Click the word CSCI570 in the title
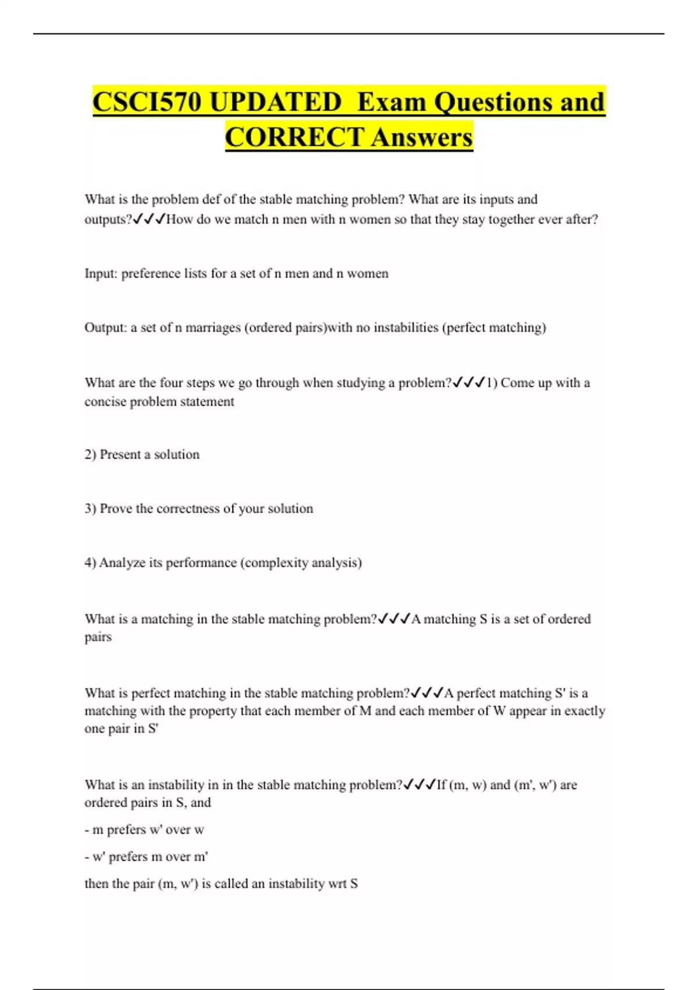click(147, 102)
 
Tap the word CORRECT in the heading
click(294, 138)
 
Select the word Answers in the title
click(422, 138)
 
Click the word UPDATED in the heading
click(275, 102)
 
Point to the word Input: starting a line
click(101, 274)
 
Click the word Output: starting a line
click(105, 328)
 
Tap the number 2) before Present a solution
click(90, 455)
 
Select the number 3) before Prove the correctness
click(90, 509)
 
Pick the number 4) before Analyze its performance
click(90, 563)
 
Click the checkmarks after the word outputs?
click(149, 220)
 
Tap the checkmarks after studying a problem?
click(469, 383)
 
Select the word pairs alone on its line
click(98, 637)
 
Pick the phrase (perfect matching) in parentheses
click(494, 328)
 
